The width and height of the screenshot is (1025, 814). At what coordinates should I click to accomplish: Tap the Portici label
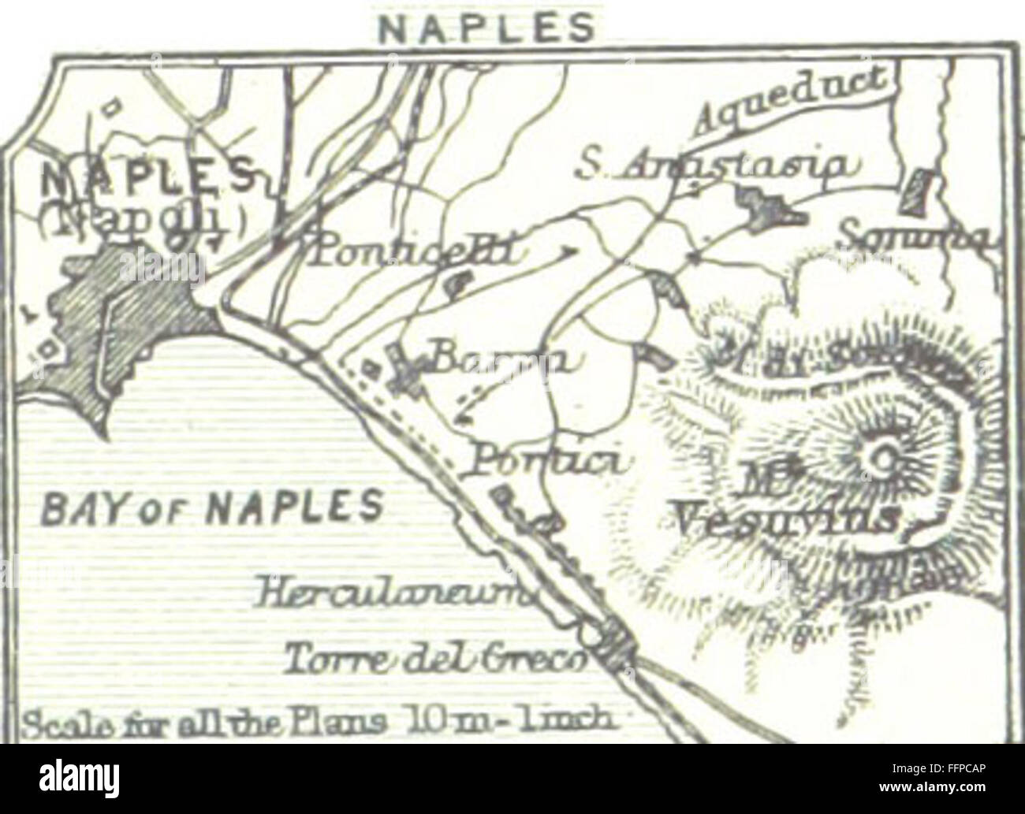[547, 461]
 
